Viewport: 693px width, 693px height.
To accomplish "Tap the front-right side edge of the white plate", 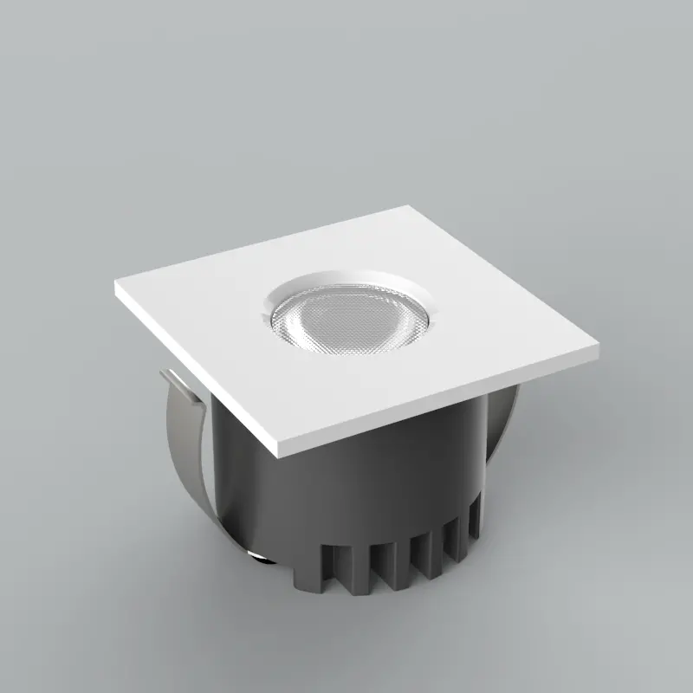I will (442, 407).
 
